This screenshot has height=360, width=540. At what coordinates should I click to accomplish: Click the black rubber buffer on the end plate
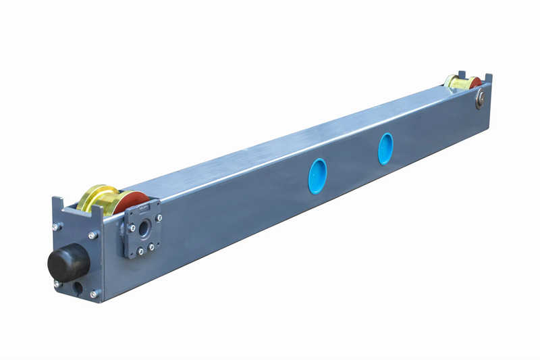click(x=68, y=262)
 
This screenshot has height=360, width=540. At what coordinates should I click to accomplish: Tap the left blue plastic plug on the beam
click(x=317, y=176)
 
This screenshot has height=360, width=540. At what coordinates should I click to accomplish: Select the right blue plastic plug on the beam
click(x=385, y=149)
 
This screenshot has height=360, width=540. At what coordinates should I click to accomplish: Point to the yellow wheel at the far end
click(x=458, y=83)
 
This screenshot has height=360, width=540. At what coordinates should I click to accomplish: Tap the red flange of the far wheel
click(x=475, y=83)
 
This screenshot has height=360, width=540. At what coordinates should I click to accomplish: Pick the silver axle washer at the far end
click(x=480, y=100)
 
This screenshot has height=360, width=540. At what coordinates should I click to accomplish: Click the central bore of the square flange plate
click(x=144, y=228)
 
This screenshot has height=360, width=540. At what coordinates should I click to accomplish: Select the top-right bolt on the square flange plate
click(x=159, y=217)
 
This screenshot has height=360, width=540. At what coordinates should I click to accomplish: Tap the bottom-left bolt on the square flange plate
click(x=140, y=251)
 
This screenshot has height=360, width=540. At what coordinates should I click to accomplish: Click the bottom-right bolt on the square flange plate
click(x=151, y=247)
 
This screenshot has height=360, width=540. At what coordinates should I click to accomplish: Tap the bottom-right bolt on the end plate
click(x=94, y=292)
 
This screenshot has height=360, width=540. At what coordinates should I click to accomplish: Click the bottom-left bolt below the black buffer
click(x=59, y=284)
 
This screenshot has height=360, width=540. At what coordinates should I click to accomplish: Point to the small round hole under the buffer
click(x=78, y=288)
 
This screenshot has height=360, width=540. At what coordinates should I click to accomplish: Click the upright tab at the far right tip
click(x=488, y=78)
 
